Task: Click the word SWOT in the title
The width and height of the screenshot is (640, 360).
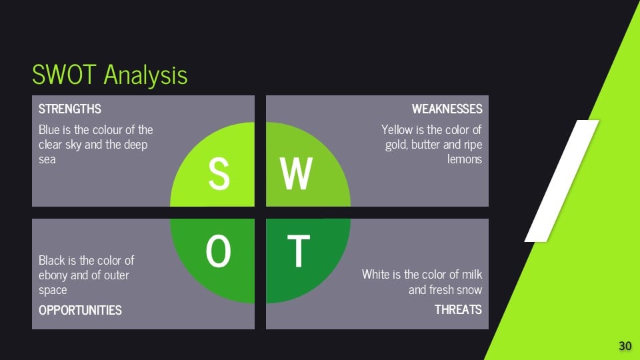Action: coord(64,75)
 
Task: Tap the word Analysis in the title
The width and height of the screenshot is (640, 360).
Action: coord(146,75)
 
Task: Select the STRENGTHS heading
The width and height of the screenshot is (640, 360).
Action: coord(70,109)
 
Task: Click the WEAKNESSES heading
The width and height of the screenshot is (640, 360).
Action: coord(447,109)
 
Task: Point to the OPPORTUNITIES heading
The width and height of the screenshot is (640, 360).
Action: coord(80,310)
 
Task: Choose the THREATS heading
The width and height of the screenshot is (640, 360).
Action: coord(458,310)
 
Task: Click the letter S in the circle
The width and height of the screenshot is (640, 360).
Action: coord(219,174)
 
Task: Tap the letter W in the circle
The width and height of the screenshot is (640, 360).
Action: coord(296,174)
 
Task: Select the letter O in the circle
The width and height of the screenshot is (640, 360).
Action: coord(219,251)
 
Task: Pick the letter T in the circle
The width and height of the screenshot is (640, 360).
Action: coord(299,251)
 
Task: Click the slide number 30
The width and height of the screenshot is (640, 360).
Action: coord(625,346)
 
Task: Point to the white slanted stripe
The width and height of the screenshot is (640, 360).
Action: coord(561,181)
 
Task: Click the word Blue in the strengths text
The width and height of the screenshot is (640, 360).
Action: coord(49,130)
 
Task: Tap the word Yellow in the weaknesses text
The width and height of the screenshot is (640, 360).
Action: coord(397,130)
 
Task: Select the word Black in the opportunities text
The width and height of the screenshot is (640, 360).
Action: coord(51,261)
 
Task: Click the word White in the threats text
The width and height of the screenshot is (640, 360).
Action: coord(375,274)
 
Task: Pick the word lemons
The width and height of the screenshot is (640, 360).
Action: coord(465,159)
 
